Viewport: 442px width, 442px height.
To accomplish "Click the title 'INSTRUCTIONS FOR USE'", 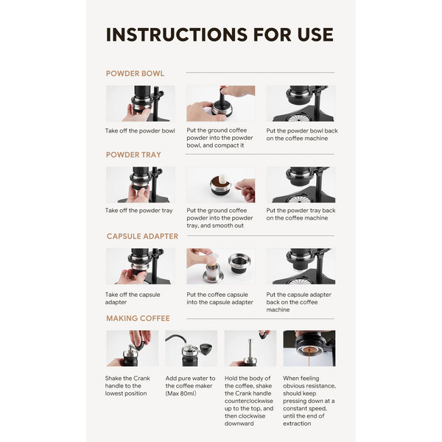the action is [x=220, y=35].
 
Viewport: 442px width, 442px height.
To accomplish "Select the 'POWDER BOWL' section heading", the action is [x=135, y=74].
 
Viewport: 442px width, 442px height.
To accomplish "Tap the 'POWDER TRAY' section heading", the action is [x=133, y=155].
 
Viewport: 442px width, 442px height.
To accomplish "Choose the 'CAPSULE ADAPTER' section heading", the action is [x=142, y=236].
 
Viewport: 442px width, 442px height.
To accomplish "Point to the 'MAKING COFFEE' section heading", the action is [x=138, y=318].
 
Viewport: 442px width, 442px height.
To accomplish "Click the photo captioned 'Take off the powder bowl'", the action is [x=141, y=103].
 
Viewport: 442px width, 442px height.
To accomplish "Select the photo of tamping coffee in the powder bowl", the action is [x=221, y=103].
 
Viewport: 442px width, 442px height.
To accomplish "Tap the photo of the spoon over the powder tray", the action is [x=221, y=185].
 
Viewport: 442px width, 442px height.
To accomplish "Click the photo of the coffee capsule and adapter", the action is [x=221, y=266].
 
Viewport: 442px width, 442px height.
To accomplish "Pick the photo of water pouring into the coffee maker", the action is [x=191, y=348].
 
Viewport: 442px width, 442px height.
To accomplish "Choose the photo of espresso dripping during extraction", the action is [x=309, y=348].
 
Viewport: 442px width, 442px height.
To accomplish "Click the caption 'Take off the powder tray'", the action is [x=138, y=211].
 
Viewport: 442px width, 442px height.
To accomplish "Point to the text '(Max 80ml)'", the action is [x=180, y=393].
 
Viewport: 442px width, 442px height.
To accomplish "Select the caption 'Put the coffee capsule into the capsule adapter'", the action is [x=220, y=298].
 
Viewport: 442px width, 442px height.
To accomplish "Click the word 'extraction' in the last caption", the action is [x=297, y=424].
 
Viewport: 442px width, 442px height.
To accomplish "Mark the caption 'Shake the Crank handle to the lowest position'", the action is [x=127, y=386].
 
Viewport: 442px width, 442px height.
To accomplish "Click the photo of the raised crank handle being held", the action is [x=250, y=348].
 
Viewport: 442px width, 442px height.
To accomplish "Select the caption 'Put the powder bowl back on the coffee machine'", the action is [x=302, y=135].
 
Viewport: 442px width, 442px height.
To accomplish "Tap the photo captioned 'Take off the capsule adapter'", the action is [x=141, y=266].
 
